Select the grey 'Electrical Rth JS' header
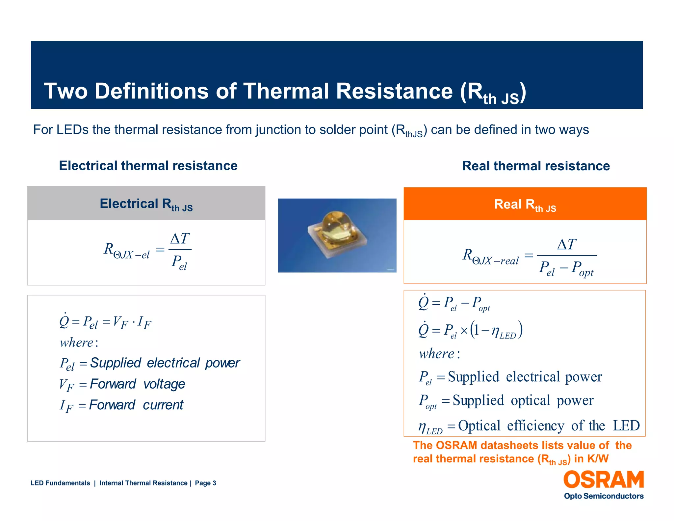click(x=146, y=204)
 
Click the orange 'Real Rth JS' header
click(x=525, y=204)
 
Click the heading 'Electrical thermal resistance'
click(x=148, y=166)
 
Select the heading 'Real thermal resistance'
click(x=536, y=166)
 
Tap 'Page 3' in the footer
click(x=205, y=483)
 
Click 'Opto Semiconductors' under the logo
click(x=604, y=496)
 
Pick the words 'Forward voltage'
click(x=137, y=384)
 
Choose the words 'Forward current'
click(x=136, y=405)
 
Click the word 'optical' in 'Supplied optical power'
click(x=530, y=400)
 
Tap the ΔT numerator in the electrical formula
click(x=180, y=239)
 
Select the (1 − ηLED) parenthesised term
click(x=497, y=330)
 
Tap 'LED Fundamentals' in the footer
click(x=60, y=483)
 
